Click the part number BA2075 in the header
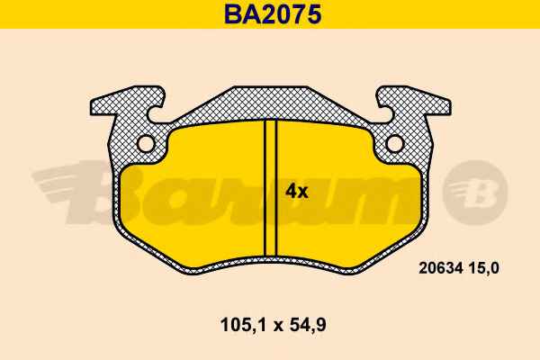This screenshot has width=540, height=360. [x=273, y=14]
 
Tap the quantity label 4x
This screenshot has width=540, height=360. [x=296, y=192]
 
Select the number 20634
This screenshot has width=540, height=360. [x=440, y=268]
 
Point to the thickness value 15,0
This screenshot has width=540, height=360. [x=482, y=268]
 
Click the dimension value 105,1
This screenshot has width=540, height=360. [x=243, y=325]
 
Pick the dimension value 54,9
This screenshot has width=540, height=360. [x=308, y=325]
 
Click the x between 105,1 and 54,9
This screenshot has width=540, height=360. [x=277, y=326]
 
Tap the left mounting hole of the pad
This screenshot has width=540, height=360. [x=146, y=143]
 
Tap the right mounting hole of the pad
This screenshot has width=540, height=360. [x=395, y=143]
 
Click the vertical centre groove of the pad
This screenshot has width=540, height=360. [x=270, y=188]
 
